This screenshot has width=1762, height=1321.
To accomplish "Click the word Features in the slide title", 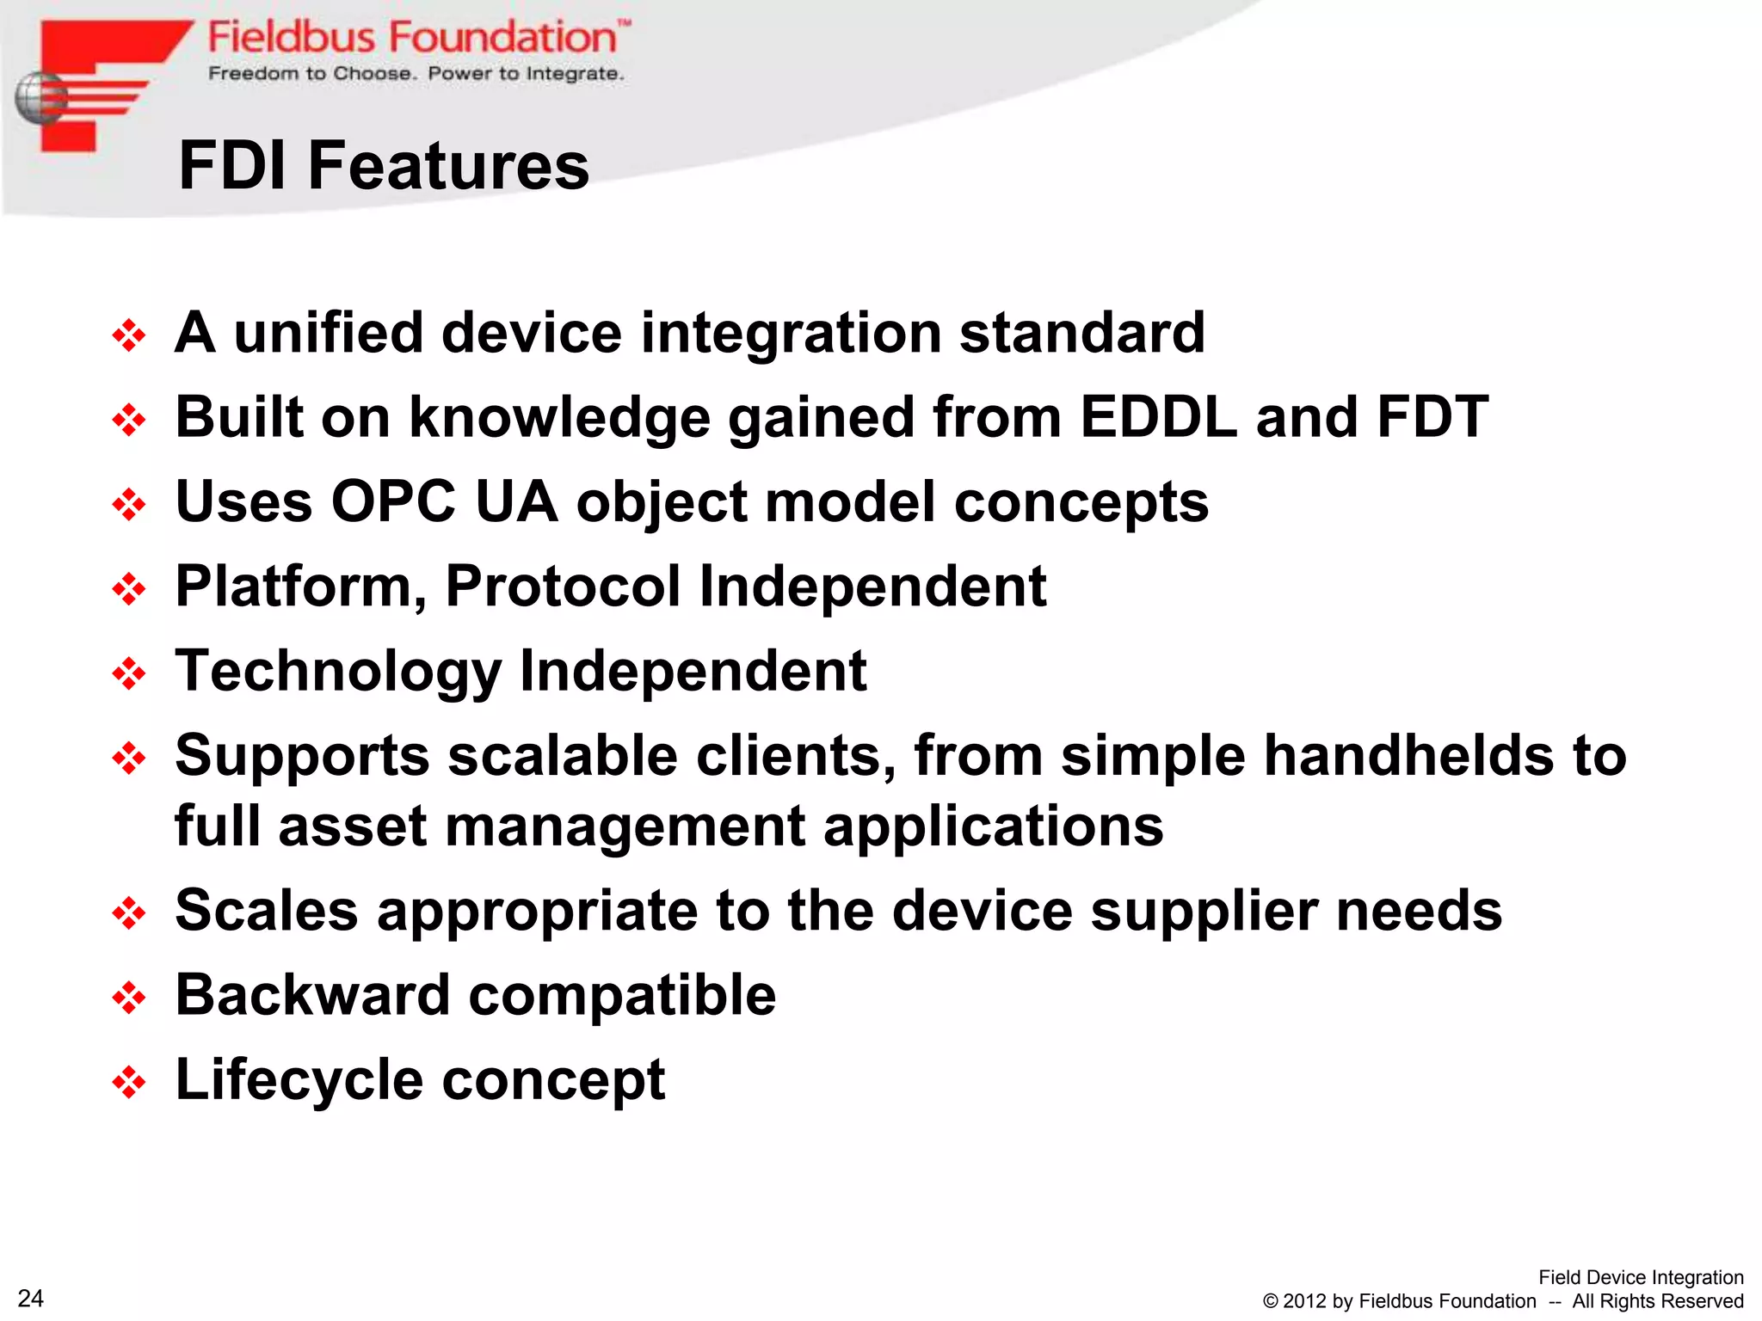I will (x=448, y=165).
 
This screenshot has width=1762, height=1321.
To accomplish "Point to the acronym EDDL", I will (x=1158, y=417).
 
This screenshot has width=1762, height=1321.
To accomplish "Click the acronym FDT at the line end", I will (x=1432, y=417).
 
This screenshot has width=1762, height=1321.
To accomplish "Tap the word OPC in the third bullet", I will (x=393, y=501).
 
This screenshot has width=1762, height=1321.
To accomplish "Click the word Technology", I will (x=338, y=672).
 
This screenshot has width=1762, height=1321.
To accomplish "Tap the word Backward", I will (x=312, y=995).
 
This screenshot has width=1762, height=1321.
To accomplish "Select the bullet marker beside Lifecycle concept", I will (x=129, y=1082).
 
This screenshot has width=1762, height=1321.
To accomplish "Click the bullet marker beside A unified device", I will (x=129, y=335).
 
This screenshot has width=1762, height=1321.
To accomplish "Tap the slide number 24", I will (x=31, y=1298).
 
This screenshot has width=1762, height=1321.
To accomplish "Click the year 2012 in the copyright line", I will (x=1304, y=1301).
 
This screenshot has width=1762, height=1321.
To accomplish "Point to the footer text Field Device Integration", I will (x=1640, y=1277).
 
